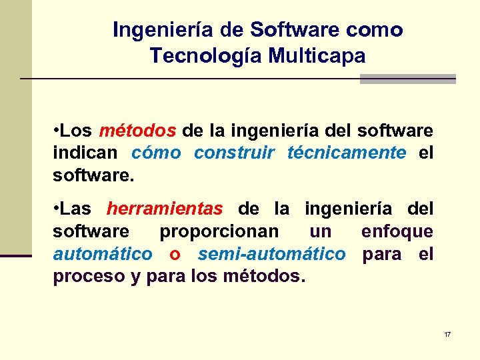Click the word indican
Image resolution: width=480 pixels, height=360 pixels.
click(85, 153)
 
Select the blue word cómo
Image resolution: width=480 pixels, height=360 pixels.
click(156, 153)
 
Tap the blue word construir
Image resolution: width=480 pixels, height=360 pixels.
click(233, 153)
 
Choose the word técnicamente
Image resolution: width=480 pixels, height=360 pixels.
click(346, 153)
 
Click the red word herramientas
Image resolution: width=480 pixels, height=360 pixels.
click(165, 209)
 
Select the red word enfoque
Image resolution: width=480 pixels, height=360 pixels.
click(397, 231)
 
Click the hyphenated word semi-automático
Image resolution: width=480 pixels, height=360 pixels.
click(272, 254)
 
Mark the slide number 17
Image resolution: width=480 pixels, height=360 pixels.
click(447, 334)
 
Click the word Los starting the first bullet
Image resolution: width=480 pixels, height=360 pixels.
click(79, 130)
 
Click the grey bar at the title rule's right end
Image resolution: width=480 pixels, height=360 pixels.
click(407, 79)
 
